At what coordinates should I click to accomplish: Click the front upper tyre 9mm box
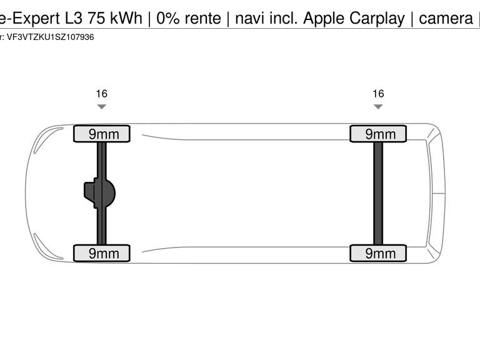point(101,134)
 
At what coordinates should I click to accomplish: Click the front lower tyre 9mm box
point(101,253)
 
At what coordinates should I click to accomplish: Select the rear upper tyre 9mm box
point(377,134)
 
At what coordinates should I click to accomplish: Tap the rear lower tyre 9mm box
point(377,253)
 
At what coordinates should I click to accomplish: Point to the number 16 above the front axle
point(101,94)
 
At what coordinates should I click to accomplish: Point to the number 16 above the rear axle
point(378,94)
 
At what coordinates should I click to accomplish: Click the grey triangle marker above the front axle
point(101,107)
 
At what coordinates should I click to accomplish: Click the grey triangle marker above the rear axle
point(378,107)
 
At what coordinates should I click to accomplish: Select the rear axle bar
point(378,193)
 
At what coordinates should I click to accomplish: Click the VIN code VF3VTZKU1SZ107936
point(50,37)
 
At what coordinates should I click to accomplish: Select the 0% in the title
point(168,19)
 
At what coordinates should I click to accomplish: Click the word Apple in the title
point(324,19)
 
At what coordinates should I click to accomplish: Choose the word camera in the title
point(446,19)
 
